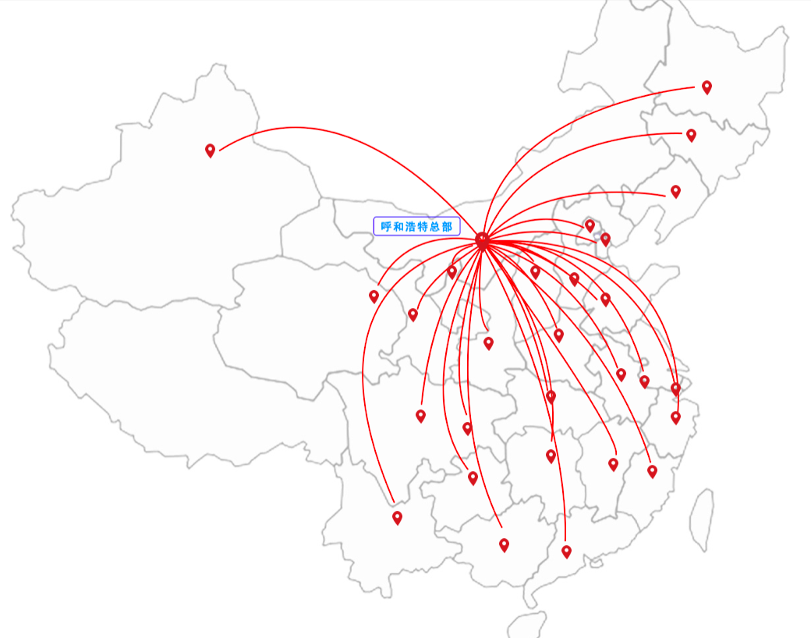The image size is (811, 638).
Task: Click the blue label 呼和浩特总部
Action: pos(417,226)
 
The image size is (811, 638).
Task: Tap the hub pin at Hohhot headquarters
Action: pos(482,240)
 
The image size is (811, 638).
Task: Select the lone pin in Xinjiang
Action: pos(210,151)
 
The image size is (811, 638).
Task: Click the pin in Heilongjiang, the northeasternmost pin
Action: pos(707,87)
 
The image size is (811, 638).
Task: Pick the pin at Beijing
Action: pos(590,225)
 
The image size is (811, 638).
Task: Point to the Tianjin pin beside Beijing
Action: pos(605,239)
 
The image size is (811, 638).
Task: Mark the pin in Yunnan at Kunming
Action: pos(397,518)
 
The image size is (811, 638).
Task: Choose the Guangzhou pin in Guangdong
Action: pos(566,552)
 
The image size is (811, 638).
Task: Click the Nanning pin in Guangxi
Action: pos(504,545)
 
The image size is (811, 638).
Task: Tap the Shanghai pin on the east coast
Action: pos(675,388)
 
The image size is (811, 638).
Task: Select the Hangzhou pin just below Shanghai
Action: pos(675,417)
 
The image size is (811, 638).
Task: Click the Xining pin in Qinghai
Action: pos(374,296)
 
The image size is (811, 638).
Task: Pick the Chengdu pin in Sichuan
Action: pos(420,416)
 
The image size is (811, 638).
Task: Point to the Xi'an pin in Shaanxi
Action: pos(488,343)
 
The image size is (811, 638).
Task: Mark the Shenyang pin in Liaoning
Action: pos(675,191)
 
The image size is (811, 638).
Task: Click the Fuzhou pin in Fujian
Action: pos(652,471)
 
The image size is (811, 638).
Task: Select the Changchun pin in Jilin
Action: pos(691,136)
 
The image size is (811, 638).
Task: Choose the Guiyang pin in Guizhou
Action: pos(473,478)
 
